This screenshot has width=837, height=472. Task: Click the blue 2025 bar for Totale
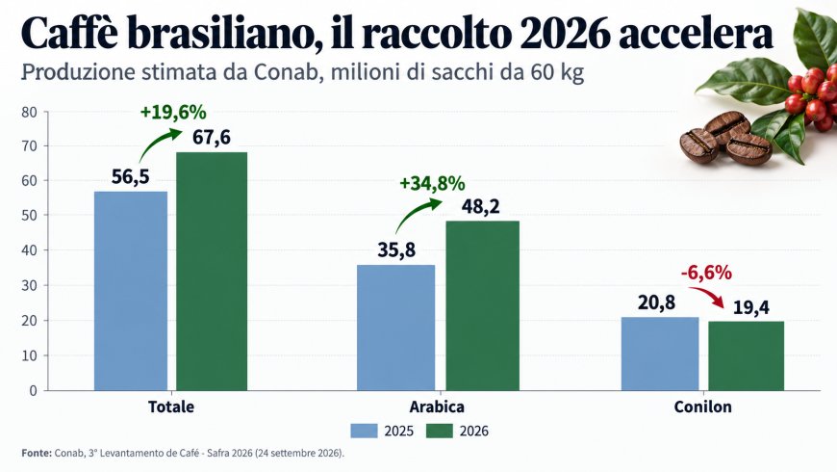[131, 291]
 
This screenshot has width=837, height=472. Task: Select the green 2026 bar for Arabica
[483, 305]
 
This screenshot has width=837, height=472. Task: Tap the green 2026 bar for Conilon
[747, 356]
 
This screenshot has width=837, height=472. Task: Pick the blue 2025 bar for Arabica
[396, 328]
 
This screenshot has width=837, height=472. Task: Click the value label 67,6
[212, 138]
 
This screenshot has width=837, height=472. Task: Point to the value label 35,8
[396, 250]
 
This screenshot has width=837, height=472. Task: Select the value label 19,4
[751, 308]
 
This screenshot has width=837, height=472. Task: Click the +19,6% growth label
[173, 113]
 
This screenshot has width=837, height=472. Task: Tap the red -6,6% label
[706, 274]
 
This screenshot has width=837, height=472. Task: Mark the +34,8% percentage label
[432, 184]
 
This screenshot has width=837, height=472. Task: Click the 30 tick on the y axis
[30, 286]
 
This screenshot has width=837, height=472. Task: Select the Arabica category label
[437, 406]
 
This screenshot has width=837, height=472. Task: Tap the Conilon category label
[702, 406]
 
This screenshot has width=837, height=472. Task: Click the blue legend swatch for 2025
[364, 431]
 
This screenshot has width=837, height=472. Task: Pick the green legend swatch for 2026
[440, 431]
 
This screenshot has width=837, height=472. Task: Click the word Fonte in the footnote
[37, 454]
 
